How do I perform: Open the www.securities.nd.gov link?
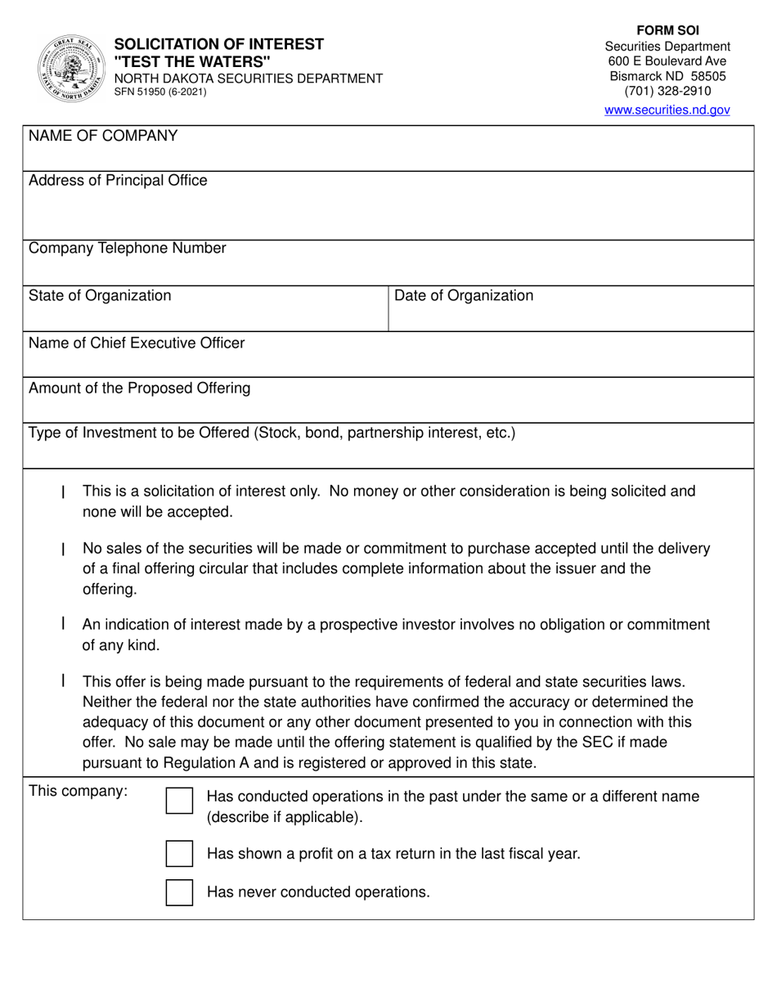667,110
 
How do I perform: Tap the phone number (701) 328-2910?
667,92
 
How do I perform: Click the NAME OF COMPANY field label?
103,137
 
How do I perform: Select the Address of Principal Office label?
118,181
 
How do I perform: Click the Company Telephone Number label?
127,249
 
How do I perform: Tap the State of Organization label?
100,295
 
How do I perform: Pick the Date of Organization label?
464,295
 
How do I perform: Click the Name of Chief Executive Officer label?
137,343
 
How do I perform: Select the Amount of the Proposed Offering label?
139,388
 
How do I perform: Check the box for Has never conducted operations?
179,891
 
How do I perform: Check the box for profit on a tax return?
179,853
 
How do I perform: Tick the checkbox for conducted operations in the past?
179,802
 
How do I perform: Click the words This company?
79,791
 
